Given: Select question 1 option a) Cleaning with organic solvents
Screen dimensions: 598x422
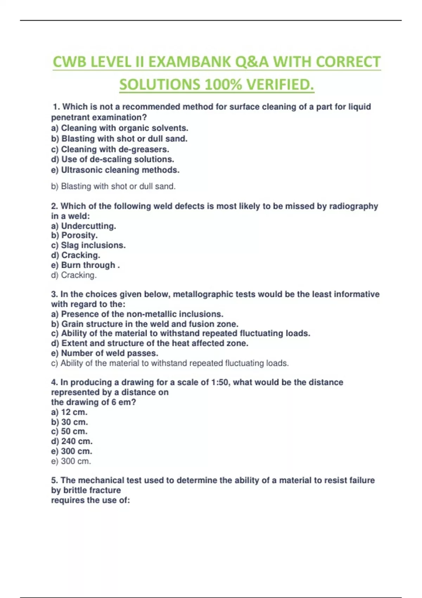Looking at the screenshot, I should [120, 128].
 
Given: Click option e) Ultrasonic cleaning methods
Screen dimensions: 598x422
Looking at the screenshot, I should [115, 170].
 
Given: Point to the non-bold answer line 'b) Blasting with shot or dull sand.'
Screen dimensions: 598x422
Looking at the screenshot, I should [113, 186].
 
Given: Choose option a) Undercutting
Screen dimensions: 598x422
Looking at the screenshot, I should [83, 226].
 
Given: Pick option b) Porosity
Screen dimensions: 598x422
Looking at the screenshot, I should [74, 235].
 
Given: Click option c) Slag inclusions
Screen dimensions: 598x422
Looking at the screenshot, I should [88, 245].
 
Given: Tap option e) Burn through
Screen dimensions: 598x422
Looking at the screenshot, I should [85, 265].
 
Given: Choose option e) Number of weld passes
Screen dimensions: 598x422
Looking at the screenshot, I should [104, 353].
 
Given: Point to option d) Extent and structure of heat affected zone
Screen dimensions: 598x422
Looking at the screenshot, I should [150, 343].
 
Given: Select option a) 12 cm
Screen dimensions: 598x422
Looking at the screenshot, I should [69, 412].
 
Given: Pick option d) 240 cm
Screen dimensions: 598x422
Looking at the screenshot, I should [72, 441].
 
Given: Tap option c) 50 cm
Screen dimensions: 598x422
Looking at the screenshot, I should [69, 432].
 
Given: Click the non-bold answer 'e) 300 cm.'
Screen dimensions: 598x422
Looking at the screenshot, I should [71, 461].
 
